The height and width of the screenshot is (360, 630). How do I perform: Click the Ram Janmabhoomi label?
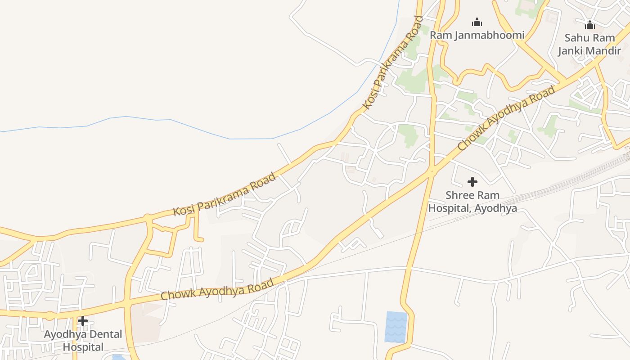tap(477, 35)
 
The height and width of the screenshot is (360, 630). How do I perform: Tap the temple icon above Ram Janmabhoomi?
tap(477, 22)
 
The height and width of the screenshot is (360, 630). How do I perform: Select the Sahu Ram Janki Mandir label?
tap(589, 44)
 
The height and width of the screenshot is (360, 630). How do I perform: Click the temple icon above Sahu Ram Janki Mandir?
tap(589, 25)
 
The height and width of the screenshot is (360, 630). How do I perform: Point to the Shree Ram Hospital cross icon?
tap(472, 182)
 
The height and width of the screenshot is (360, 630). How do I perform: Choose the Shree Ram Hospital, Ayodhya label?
tap(472, 202)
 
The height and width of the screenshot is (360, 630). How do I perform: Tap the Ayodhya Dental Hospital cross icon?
tap(83, 321)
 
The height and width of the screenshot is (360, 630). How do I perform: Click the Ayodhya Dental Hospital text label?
tap(83, 341)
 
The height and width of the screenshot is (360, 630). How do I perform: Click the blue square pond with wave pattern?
tap(396, 327)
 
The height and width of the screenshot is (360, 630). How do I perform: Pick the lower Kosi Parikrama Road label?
tap(225, 194)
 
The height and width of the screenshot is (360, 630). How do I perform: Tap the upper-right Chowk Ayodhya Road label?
tap(506, 118)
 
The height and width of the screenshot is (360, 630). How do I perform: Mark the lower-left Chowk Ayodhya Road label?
tap(217, 290)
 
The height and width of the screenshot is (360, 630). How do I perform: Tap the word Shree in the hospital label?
tap(460, 195)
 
